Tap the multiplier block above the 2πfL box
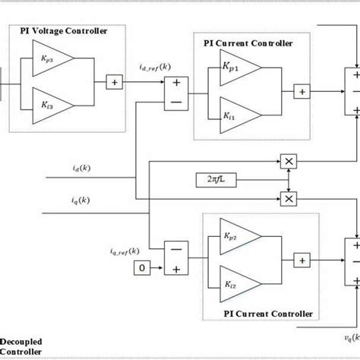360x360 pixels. point(288,161)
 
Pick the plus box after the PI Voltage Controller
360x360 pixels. point(113,81)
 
